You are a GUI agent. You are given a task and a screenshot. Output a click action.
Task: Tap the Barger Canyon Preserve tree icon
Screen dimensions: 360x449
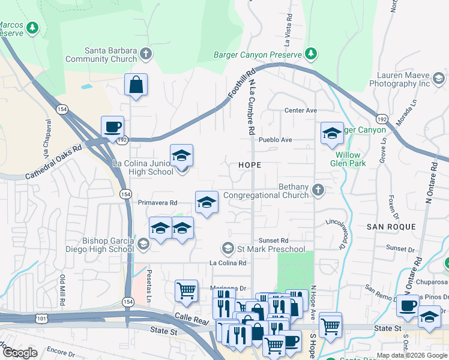[x=311, y=55]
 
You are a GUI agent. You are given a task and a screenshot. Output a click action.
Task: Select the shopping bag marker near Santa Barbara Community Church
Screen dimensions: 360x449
[x=136, y=85]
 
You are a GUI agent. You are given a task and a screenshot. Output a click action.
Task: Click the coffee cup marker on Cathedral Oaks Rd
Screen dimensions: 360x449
[x=112, y=127]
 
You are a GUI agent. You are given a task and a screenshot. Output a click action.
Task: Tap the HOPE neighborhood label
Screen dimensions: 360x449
[x=250, y=164]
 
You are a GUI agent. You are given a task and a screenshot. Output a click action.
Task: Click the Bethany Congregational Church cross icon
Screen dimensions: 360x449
[x=318, y=191]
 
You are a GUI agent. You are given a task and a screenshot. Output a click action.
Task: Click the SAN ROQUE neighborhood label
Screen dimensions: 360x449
[x=391, y=227]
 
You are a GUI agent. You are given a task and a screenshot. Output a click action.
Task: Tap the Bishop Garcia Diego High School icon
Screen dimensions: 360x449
[x=143, y=244]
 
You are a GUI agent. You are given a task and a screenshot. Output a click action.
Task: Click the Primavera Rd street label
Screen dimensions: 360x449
[x=157, y=203]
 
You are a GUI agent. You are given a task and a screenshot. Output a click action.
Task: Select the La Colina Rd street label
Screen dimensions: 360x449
[x=228, y=263]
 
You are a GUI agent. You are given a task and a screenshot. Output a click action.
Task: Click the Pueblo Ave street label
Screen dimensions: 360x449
[x=275, y=140]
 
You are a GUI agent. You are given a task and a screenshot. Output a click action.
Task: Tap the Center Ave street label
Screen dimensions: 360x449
[x=300, y=110]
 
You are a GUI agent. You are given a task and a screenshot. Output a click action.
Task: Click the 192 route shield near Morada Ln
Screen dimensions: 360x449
[x=382, y=119]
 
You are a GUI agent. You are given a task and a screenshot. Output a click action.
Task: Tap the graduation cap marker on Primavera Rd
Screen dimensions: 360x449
[x=206, y=203]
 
